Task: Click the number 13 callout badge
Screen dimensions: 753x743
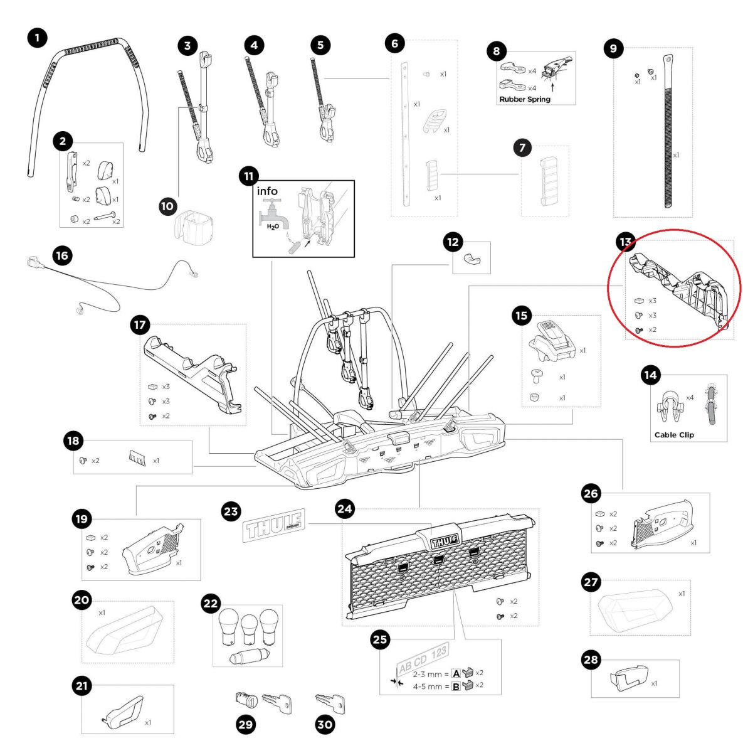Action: point(626,242)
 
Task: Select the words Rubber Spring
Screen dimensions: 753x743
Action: point(524,99)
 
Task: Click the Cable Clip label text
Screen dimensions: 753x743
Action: point(674,434)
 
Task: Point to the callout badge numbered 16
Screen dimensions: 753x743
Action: point(61,255)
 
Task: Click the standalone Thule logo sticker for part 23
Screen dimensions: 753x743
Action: point(273,525)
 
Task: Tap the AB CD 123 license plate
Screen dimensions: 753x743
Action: point(422,658)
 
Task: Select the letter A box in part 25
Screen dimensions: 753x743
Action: point(456,673)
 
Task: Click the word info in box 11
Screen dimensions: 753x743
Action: point(267,191)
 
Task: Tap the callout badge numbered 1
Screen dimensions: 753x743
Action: point(37,38)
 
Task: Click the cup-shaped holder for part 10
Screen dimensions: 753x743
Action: point(192,225)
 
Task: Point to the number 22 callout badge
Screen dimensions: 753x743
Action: point(211,604)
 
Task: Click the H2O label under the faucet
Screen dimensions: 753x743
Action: point(273,227)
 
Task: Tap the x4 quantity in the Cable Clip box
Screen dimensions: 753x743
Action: point(690,397)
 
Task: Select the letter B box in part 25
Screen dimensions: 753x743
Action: point(456,686)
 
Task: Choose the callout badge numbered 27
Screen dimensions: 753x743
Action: point(591,582)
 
